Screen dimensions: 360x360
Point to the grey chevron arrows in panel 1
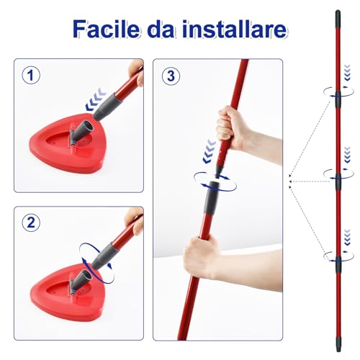(x=94, y=105)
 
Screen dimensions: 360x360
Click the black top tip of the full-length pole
(x=337, y=14)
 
